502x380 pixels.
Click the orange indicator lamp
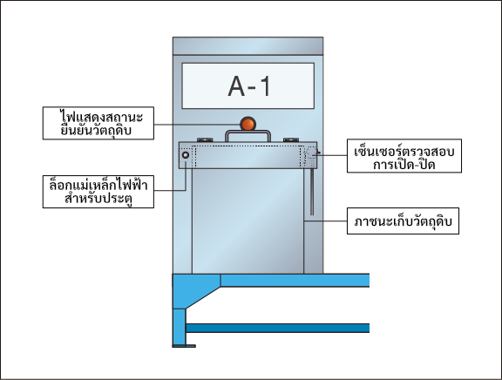[x=248, y=124]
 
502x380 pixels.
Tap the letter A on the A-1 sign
[x=236, y=86]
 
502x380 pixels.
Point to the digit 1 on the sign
[x=265, y=86]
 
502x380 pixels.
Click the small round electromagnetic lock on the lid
[x=186, y=155]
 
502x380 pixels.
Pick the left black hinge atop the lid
[x=205, y=140]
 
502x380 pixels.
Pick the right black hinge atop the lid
[x=291, y=140]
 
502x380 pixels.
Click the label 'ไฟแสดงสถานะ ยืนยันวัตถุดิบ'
[x=98, y=123]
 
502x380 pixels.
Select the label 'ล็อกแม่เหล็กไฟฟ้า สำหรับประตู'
[x=98, y=192]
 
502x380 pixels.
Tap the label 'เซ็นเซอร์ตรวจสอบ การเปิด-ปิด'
[x=404, y=156]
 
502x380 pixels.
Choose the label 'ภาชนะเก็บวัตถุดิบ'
[x=403, y=221]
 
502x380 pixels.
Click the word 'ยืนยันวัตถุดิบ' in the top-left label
[x=96, y=131]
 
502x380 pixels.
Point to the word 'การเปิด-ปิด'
[x=404, y=165]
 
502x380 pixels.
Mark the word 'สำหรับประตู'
[x=98, y=199]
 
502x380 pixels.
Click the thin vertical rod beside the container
[x=312, y=192]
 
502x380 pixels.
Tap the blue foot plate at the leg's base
[x=184, y=346]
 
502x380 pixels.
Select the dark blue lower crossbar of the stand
[x=277, y=328]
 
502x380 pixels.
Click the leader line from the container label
[x=326, y=221]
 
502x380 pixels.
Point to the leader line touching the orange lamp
[x=197, y=125]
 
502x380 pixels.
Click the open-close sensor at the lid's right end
[x=311, y=154]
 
